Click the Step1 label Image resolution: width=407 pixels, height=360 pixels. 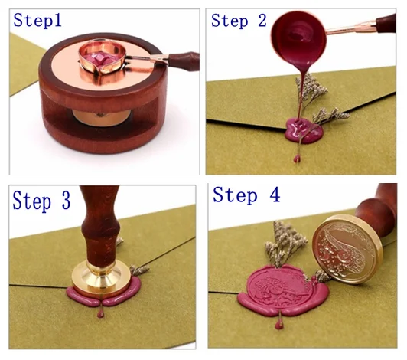coord(37,20)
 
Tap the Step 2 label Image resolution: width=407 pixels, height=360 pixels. coord(239,21)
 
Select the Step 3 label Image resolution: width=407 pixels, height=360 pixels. coord(41,201)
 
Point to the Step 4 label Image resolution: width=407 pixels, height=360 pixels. coord(246,195)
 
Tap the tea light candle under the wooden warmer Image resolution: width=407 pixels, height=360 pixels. coord(101,117)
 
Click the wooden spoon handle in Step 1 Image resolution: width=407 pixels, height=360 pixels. coord(184,61)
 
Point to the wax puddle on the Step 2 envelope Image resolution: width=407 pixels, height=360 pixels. coord(304,130)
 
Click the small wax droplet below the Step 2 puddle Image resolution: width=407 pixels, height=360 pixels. coord(296,159)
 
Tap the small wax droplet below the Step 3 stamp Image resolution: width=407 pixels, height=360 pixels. coord(100,313)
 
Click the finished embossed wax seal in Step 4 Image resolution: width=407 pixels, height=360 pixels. coord(283,290)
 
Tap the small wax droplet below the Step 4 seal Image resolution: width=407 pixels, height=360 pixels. coord(278,325)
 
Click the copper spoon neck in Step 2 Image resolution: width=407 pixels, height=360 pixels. coord(352,28)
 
